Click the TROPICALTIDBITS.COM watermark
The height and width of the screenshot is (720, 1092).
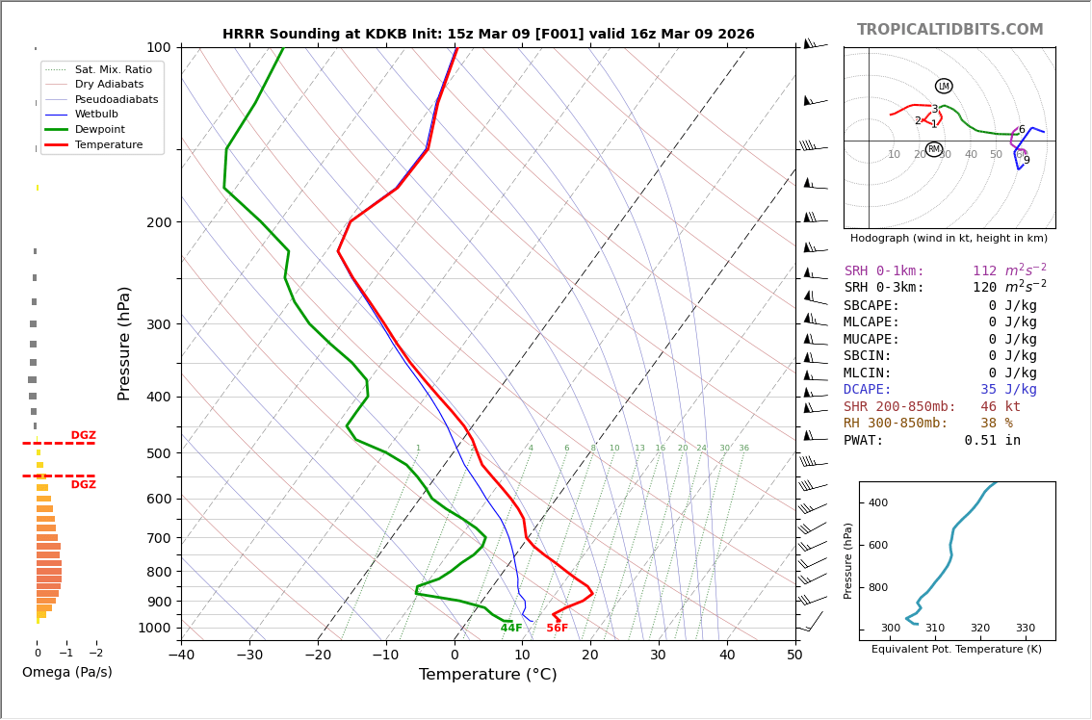point(949,30)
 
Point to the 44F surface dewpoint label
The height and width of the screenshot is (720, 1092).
point(511,629)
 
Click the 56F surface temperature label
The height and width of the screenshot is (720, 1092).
point(558,629)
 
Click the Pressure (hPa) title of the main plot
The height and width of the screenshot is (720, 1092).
point(125,343)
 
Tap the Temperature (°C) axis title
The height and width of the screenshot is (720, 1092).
point(487,675)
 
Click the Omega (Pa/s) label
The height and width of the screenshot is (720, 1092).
point(67,673)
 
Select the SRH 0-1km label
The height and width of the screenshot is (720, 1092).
point(884,271)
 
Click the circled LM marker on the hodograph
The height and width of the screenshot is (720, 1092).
point(944,87)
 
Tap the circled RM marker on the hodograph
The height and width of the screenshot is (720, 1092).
point(934,149)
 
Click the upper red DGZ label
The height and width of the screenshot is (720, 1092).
point(84,436)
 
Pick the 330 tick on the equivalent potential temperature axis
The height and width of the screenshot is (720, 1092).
point(1025,629)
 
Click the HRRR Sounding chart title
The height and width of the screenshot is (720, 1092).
point(488,35)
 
